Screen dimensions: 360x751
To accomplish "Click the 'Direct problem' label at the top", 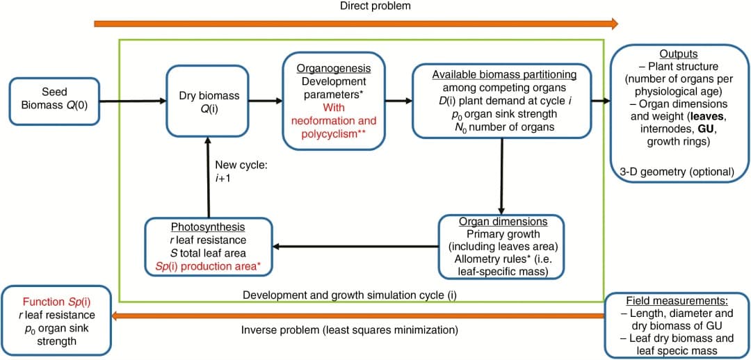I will (375, 6).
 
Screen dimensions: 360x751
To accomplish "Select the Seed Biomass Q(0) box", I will (54, 101).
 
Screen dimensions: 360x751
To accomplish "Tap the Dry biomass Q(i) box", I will (206, 101).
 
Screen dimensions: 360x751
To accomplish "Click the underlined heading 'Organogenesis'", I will (333, 68).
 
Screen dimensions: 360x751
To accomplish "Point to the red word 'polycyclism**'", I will (333, 133).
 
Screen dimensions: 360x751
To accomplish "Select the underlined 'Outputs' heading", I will (678, 54).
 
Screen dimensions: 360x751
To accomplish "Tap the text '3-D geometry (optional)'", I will (678, 171).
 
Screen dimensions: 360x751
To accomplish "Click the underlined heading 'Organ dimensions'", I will (503, 222).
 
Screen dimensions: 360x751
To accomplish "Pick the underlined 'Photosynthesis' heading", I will (209, 227).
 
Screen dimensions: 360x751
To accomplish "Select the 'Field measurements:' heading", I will (677, 302).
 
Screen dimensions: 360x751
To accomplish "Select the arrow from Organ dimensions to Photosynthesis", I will (355, 245).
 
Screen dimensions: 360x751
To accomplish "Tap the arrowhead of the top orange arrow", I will (613, 24).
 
